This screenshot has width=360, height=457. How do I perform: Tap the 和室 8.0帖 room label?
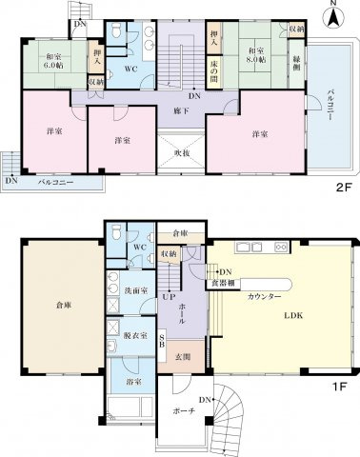pyautogui.click(x=254, y=55)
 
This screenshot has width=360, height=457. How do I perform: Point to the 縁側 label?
pyautogui.click(x=297, y=59)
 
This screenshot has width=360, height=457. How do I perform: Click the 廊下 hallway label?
pyautogui.click(x=178, y=110)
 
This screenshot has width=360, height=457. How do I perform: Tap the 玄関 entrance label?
pyautogui.click(x=184, y=357)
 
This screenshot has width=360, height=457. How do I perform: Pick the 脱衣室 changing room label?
pyautogui.click(x=123, y=335)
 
